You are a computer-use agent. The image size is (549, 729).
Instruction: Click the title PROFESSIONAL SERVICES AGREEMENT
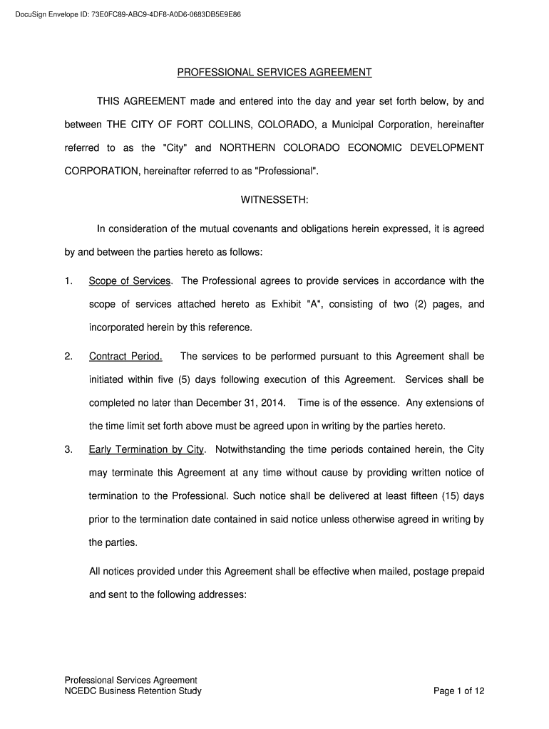[x=274, y=73]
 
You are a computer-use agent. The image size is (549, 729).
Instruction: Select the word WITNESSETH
[x=274, y=200]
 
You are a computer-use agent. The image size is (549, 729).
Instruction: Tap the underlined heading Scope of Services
[x=130, y=281]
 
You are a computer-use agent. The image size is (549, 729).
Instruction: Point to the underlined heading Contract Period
[x=125, y=356]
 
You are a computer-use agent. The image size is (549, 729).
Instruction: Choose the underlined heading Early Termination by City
[x=147, y=450]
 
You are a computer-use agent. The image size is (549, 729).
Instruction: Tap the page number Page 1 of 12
[x=459, y=691]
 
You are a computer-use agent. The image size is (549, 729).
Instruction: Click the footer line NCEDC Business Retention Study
[x=133, y=691]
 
